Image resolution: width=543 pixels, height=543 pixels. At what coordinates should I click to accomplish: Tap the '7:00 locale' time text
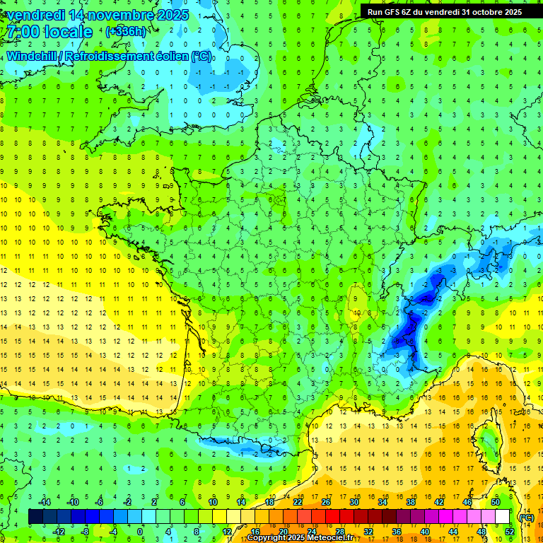pos(49,32)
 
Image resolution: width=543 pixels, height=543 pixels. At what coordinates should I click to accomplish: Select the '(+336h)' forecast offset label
pos(127,31)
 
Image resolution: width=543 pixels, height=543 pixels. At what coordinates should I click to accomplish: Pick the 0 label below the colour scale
pos(140,532)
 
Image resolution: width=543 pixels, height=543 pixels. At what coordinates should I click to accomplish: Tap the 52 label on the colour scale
pos(509,532)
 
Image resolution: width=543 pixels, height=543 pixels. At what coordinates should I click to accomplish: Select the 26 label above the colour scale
pos(326,501)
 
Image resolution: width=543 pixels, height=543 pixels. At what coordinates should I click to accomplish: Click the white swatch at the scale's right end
pos(503,517)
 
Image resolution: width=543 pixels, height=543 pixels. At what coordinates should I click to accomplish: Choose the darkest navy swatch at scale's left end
pos(35,517)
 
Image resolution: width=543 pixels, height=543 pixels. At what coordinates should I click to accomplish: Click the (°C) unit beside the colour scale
pos(526,517)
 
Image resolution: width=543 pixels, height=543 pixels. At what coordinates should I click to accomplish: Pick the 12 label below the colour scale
pos(227,532)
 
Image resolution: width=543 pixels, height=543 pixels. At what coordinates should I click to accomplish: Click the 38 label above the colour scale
pos(410,501)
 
